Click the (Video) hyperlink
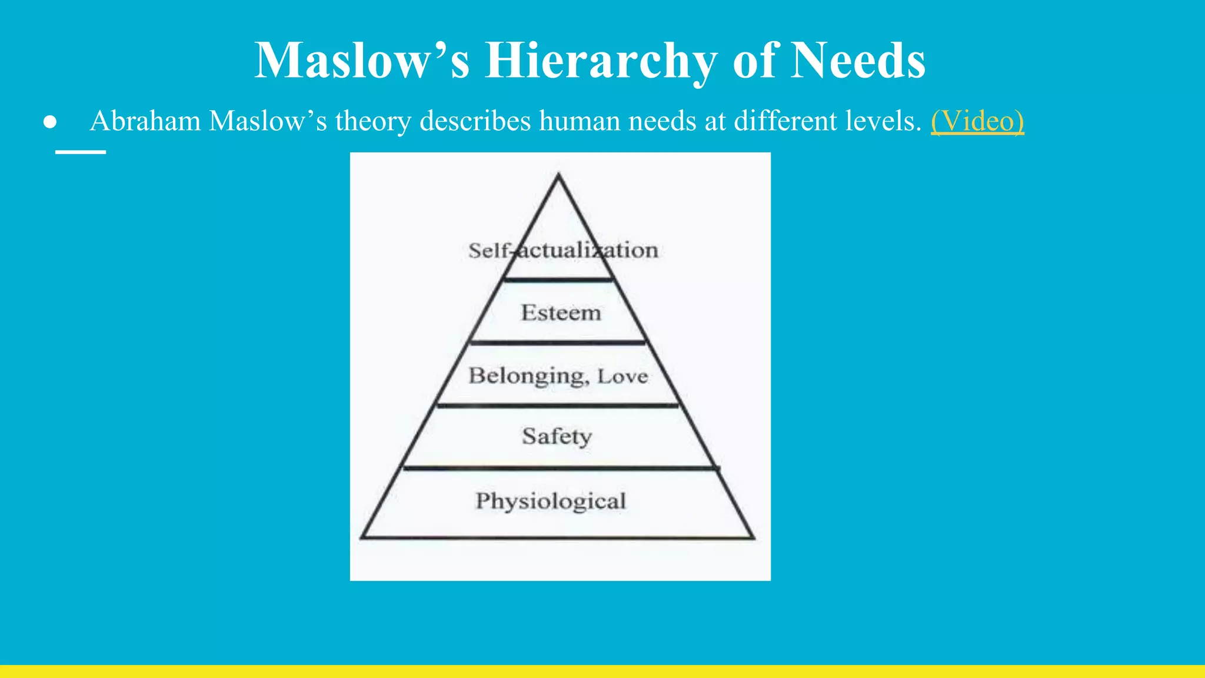(x=977, y=121)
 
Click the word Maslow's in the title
(x=362, y=61)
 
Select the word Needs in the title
(x=858, y=61)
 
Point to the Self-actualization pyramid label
(x=562, y=251)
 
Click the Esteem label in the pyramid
(x=561, y=313)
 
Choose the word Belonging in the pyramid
(x=528, y=376)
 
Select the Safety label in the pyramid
(x=557, y=437)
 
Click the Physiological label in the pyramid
(x=551, y=501)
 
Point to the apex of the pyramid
(x=558, y=175)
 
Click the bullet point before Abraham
(x=50, y=122)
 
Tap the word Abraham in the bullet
(x=145, y=121)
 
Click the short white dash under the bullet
(x=81, y=152)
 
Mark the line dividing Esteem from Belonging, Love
(x=558, y=342)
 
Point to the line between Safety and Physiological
(x=560, y=468)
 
